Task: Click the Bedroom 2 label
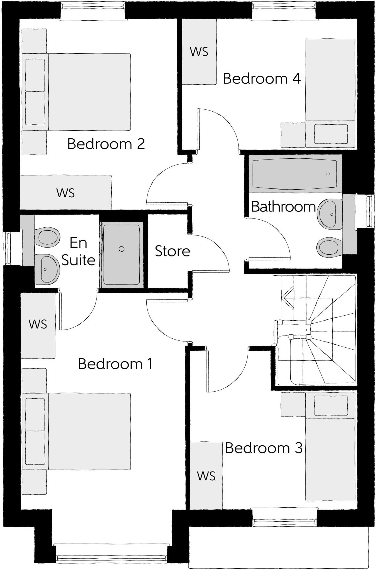point(106,144)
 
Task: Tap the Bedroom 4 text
point(262,79)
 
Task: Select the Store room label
point(172,251)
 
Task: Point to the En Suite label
point(78,252)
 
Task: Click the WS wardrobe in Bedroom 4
point(199,52)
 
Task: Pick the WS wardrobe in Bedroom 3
point(206,476)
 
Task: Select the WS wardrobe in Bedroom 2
point(66,193)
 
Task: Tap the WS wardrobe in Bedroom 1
point(38,324)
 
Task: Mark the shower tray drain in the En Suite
point(121,249)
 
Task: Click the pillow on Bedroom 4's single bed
point(331,134)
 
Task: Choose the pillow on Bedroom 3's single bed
point(331,405)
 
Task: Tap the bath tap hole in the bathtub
point(328,174)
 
